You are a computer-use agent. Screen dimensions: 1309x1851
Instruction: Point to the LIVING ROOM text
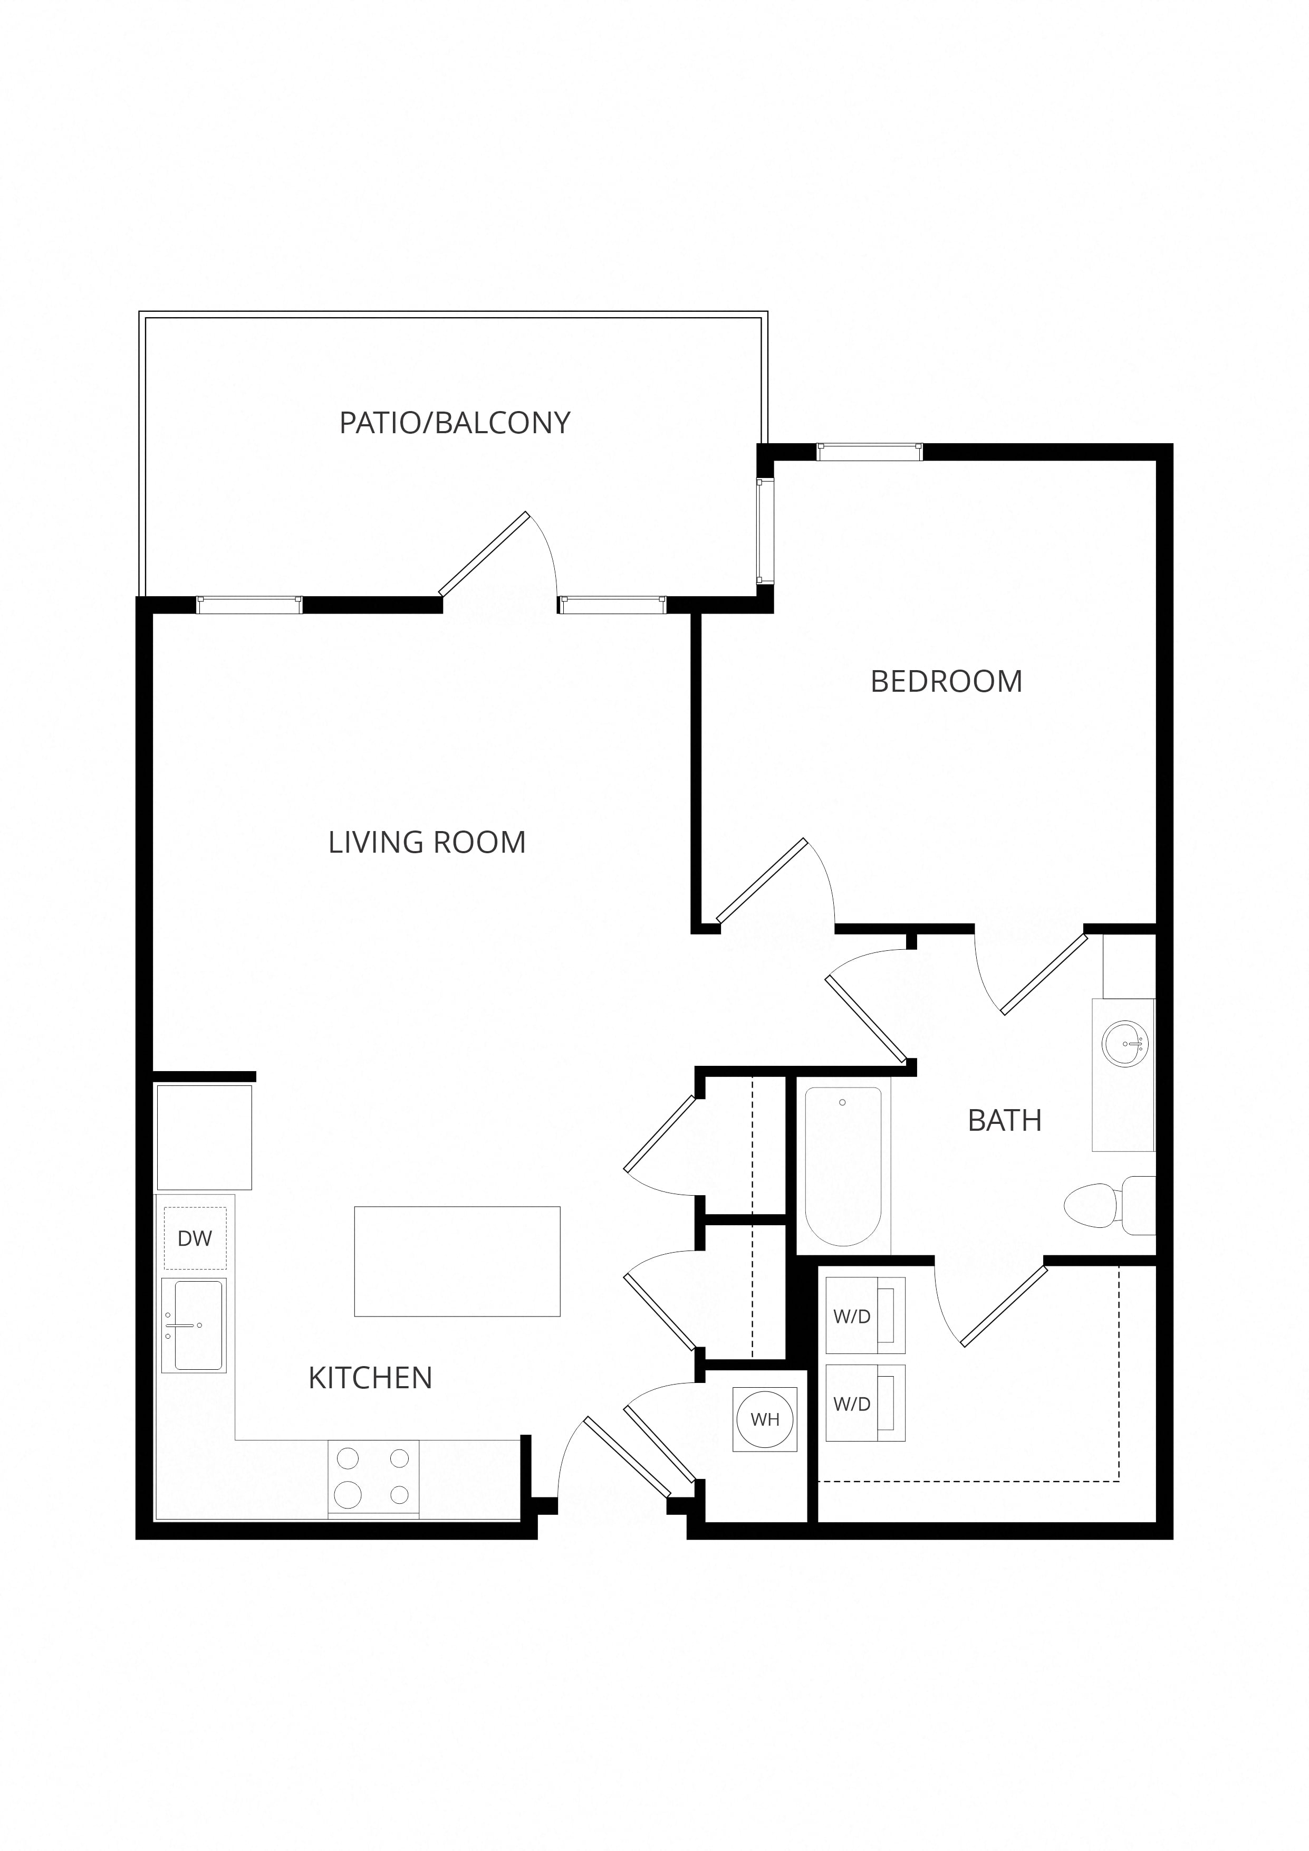click(x=427, y=843)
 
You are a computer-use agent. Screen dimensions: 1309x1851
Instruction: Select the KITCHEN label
click(x=371, y=1379)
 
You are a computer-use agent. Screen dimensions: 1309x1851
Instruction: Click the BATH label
click(x=1004, y=1121)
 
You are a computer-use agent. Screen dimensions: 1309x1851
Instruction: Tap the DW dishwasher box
click(x=195, y=1238)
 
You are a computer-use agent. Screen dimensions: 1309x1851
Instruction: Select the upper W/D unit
click(x=865, y=1316)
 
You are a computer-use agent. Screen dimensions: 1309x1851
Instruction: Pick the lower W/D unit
click(x=865, y=1404)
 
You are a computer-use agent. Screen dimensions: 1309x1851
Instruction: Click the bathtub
click(x=843, y=1166)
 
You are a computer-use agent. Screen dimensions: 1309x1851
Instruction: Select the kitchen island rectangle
click(x=457, y=1262)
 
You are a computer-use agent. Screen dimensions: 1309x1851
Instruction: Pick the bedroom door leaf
click(x=762, y=880)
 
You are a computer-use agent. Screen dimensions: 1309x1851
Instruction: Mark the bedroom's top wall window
click(x=869, y=452)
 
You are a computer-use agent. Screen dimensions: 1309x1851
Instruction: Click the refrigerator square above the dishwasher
click(x=204, y=1138)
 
